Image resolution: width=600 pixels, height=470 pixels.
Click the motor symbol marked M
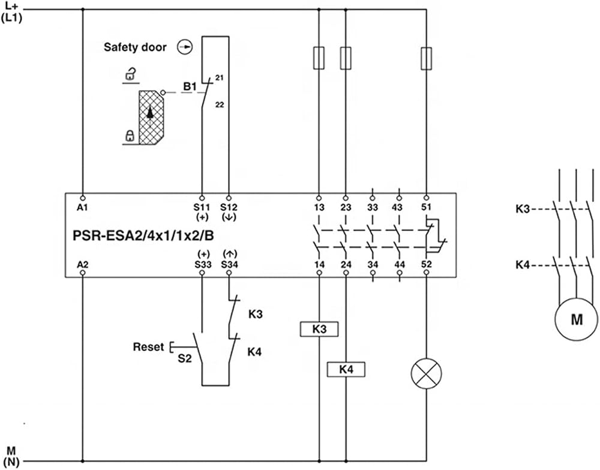tap(576, 319)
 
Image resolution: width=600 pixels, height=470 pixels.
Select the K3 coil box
tap(319, 329)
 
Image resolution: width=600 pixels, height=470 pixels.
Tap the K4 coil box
tap(346, 369)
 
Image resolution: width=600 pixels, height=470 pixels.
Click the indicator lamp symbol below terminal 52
tap(426, 373)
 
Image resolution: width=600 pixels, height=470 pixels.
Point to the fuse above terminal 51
tap(426, 58)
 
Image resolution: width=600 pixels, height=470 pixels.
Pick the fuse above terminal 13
tap(319, 58)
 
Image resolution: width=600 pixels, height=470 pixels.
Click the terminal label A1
tap(82, 208)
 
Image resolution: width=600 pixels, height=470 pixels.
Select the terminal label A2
tap(82, 265)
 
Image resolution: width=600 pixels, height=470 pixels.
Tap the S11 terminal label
tap(202, 208)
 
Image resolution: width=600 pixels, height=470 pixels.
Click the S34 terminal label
tap(229, 265)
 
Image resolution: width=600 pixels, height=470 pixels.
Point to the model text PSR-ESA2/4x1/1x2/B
tap(143, 236)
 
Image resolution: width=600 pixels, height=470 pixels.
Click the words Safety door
tap(135, 47)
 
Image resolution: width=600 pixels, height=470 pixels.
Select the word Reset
tap(148, 347)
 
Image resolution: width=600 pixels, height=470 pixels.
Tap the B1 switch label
tap(190, 86)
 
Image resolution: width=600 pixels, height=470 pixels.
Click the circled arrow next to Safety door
tap(185, 47)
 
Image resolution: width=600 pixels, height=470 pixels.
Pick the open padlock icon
tap(131, 74)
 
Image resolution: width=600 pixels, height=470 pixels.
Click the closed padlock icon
tap(130, 136)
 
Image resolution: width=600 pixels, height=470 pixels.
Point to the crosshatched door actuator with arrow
tap(151, 118)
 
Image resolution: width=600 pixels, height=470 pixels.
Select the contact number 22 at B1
tap(219, 104)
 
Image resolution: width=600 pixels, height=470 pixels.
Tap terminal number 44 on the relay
tap(400, 265)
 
